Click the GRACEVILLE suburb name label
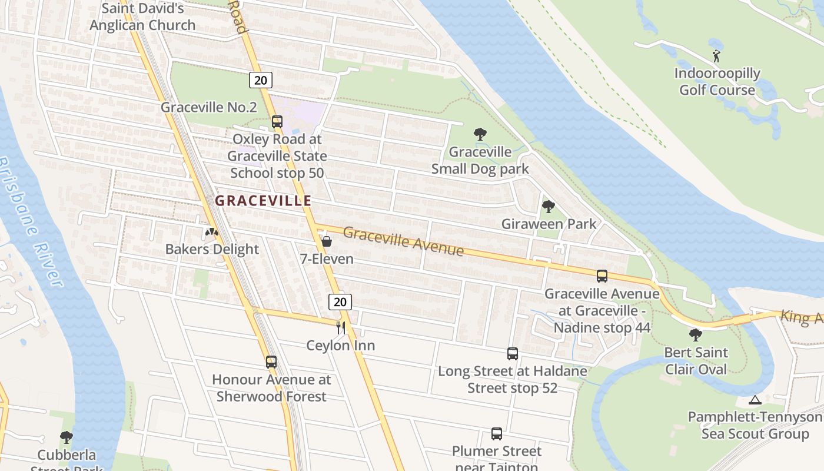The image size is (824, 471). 263,201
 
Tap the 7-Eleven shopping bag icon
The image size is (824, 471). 327,241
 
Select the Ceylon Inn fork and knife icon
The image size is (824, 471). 341,328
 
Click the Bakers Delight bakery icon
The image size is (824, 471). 211,233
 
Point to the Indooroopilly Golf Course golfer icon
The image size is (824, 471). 716,57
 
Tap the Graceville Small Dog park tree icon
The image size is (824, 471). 480,134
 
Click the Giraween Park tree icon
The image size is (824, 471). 548,207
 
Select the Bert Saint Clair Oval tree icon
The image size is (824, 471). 695,335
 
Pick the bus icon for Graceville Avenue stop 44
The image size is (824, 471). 602,276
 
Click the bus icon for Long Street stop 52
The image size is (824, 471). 512,354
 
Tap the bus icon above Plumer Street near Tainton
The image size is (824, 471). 496,434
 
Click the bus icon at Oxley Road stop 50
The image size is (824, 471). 277,122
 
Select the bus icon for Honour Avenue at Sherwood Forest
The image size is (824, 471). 271,362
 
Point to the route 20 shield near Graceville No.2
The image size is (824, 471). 260,80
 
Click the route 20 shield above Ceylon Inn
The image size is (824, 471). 340,302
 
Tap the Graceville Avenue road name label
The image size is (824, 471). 403,241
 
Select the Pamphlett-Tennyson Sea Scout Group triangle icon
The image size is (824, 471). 755,400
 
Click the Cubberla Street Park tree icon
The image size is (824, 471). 66,437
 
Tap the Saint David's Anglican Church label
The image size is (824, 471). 142,17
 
